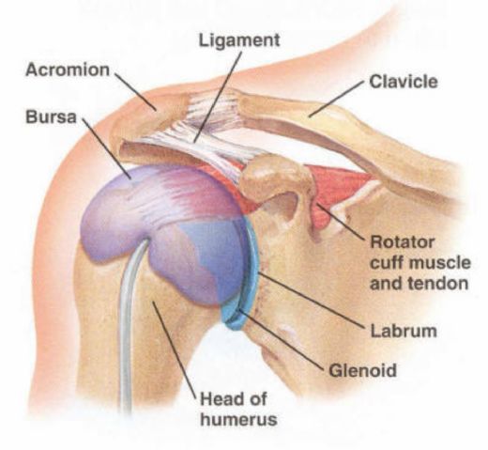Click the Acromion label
click(68, 70)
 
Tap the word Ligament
click(239, 40)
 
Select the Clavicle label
click(404, 82)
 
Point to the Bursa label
click(51, 116)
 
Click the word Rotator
click(403, 242)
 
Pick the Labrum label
click(404, 331)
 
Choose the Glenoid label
click(362, 370)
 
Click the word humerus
click(238, 419)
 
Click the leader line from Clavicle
click(337, 99)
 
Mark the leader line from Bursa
click(107, 149)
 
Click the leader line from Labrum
click(311, 300)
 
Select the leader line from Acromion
click(136, 91)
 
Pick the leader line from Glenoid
click(281, 339)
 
